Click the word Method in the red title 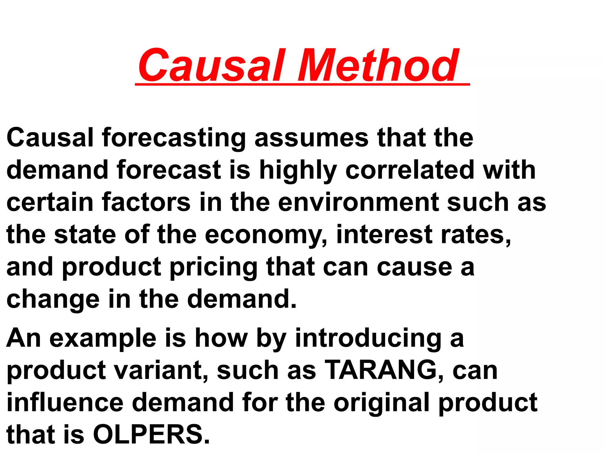pyautogui.click(x=378, y=66)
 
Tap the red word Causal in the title pyautogui.click(x=212, y=66)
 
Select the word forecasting pyautogui.click(x=174, y=138)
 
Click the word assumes pyautogui.click(x=312, y=138)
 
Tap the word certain pyautogui.click(x=50, y=202)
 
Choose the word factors pyautogui.click(x=146, y=202)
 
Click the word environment pyautogui.click(x=359, y=202)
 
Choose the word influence pyautogui.click(x=65, y=403)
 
